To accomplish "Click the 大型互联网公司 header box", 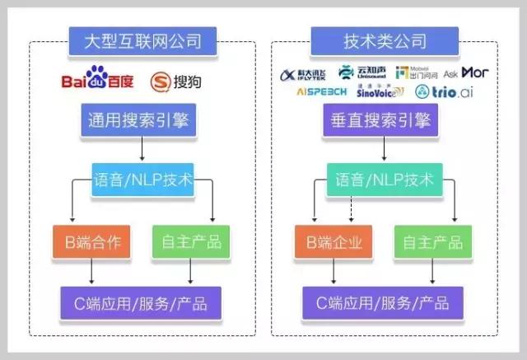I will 143,40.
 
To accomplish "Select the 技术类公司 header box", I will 385,40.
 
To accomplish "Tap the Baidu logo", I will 97,81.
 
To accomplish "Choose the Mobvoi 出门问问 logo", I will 417,73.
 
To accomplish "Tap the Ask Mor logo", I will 467,73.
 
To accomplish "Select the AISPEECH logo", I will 322,91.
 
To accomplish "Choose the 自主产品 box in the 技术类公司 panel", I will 432,242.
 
